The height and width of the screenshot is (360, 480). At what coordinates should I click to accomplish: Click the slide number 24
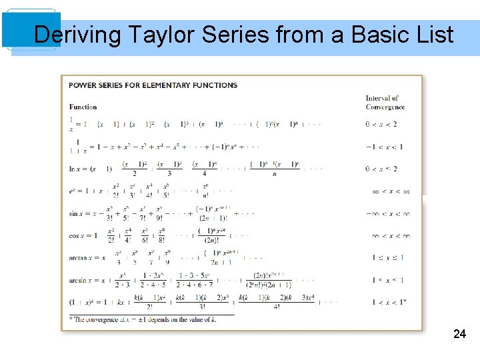(459, 334)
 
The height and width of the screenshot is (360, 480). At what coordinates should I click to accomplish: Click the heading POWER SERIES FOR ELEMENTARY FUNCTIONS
(153, 85)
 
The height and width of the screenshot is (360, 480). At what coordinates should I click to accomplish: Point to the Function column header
(83, 107)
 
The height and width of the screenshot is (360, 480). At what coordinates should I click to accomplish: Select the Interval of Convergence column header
(385, 103)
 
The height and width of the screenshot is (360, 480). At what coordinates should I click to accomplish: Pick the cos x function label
(77, 235)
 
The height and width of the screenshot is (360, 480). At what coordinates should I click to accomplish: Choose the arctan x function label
(81, 257)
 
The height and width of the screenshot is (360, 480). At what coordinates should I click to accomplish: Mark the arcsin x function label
(81, 280)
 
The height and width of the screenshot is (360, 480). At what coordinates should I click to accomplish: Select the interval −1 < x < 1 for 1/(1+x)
(384, 147)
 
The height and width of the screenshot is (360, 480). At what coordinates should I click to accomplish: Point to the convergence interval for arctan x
(385, 257)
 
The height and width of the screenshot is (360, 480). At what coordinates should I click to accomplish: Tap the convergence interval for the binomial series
(386, 302)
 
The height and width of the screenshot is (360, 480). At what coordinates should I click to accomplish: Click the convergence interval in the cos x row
(389, 235)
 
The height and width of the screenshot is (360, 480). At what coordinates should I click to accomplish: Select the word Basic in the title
(365, 34)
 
